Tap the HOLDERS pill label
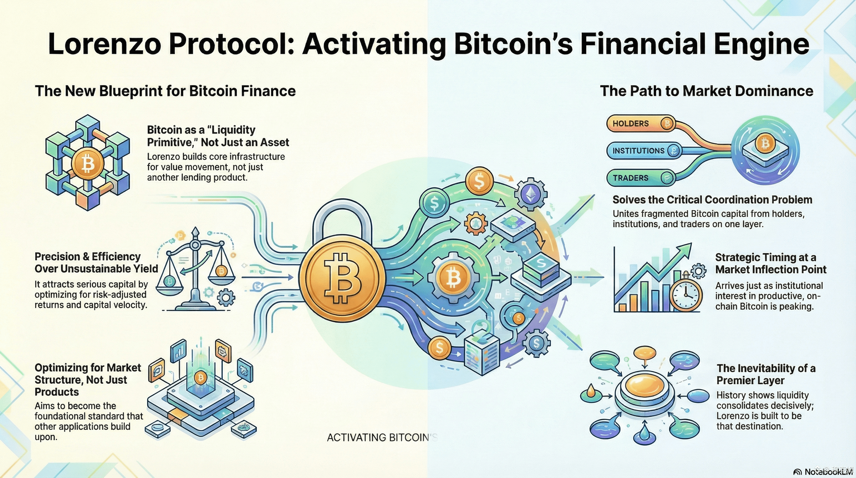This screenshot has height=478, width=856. pyautogui.click(x=630, y=124)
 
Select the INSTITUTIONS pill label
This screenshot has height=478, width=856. pyautogui.click(x=638, y=151)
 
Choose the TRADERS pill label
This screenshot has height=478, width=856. pyautogui.click(x=630, y=178)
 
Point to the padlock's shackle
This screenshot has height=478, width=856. pyautogui.click(x=342, y=216)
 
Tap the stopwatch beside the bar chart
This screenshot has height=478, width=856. pyautogui.click(x=686, y=294)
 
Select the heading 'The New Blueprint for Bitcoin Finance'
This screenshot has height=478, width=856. pyautogui.click(x=165, y=91)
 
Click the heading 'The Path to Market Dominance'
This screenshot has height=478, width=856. pyautogui.click(x=706, y=91)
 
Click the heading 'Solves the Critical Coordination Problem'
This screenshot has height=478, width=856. pyautogui.click(x=712, y=199)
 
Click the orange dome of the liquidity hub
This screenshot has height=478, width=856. pyautogui.click(x=645, y=386)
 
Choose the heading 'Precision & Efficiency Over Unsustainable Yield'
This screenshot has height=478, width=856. pyautogui.click(x=96, y=263)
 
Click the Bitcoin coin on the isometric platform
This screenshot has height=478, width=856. pyautogui.click(x=200, y=377)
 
